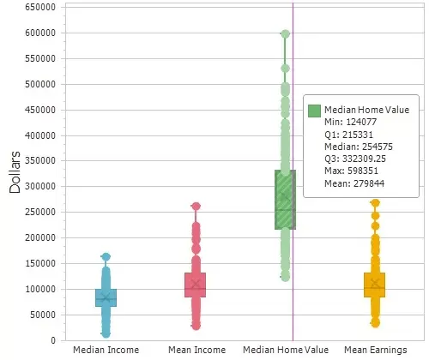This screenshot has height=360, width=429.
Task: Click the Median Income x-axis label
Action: tap(106, 350)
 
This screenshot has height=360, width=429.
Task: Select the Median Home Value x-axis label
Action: tap(285, 350)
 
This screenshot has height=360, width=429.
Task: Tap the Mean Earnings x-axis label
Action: tap(375, 350)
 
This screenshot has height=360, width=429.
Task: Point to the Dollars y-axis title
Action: tap(15, 172)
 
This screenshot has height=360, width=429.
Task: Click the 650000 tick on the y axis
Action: tap(41, 7)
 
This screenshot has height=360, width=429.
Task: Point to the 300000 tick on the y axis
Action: tap(41, 186)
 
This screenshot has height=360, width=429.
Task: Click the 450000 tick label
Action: tap(41, 110)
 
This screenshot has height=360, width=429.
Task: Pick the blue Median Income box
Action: tap(106, 297)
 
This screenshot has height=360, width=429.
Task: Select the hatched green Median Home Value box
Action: tap(284, 200)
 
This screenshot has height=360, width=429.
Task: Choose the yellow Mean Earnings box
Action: tap(375, 285)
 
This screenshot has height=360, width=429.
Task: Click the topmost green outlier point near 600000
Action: tap(285, 34)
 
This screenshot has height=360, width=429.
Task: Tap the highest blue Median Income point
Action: tap(106, 256)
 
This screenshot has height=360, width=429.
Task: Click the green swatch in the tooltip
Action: tap(314, 110)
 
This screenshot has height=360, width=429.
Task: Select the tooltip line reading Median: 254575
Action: tap(345, 146)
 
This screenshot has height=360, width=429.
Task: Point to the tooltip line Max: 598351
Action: tap(339, 170)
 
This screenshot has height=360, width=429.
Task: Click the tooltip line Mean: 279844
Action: tap(341, 182)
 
